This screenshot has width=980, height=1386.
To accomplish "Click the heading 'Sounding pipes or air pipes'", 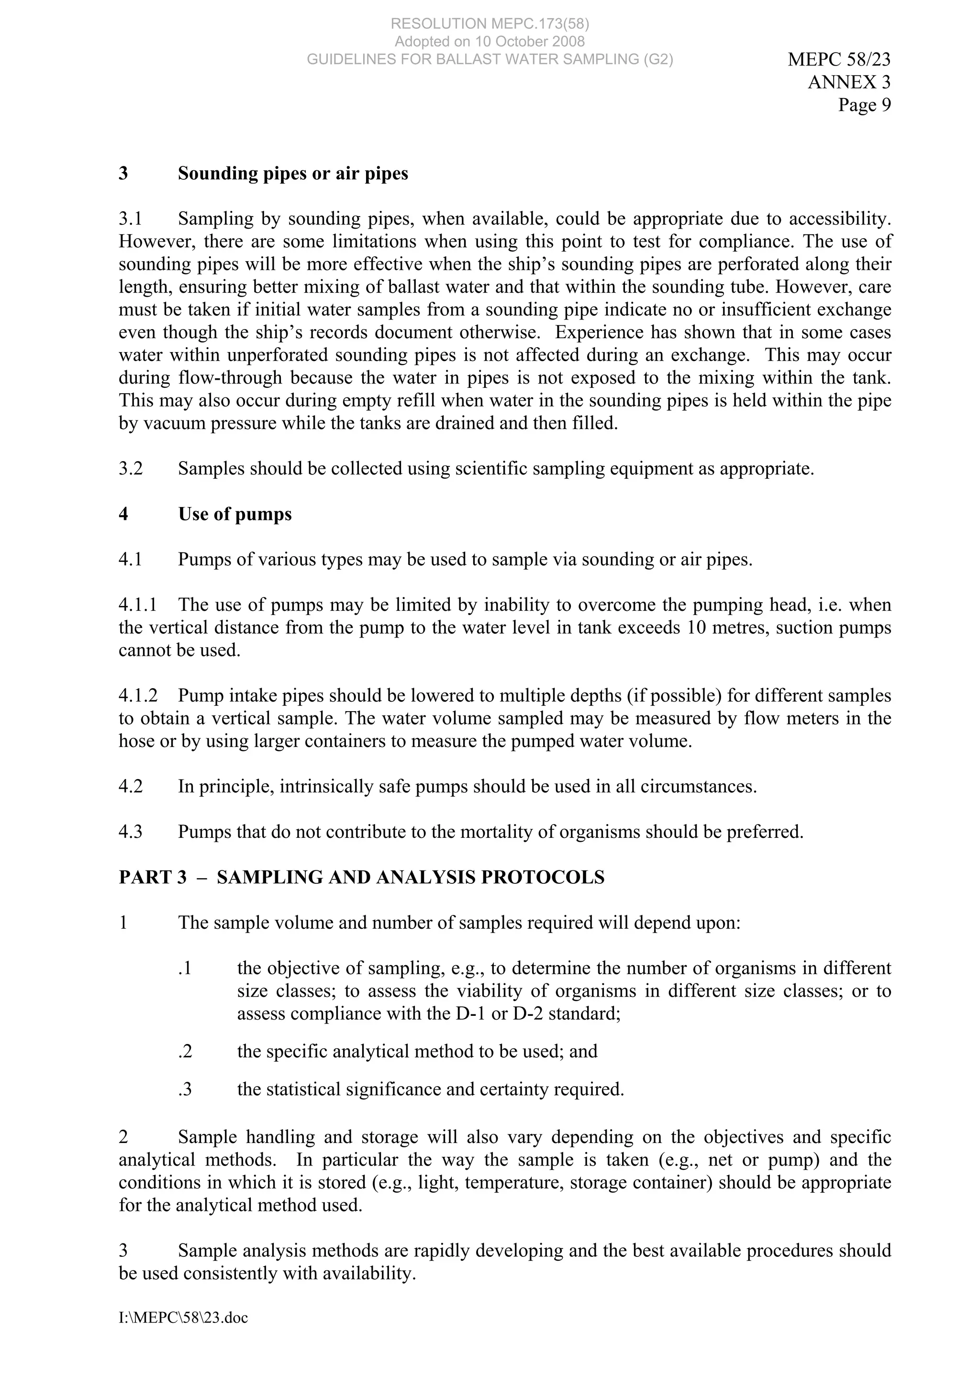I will pos(293,174).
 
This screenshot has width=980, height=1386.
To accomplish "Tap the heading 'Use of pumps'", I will pos(234,514).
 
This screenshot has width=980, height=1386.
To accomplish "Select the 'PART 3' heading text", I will pos(153,877).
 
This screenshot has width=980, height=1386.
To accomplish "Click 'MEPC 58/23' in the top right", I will pos(839,59).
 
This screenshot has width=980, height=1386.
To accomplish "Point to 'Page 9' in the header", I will pos(864,105).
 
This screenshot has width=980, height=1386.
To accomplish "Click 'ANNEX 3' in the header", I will pos(849,82).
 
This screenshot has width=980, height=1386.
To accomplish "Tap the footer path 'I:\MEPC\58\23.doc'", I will pos(183,1318).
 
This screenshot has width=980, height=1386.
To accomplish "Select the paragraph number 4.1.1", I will pos(138,605).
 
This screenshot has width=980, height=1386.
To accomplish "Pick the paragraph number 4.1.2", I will pos(138,695).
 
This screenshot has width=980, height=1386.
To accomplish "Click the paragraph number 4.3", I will pos(131,832).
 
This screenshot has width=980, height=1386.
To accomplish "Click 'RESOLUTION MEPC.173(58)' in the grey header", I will pos(490,23).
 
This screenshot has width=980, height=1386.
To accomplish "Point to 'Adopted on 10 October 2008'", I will pos(490,41).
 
